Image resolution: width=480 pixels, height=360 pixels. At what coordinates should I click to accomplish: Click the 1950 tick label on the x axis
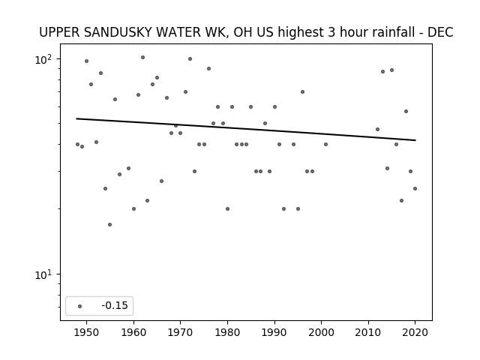coord(87,332)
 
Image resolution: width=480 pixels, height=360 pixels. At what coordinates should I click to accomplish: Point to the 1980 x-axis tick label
coord(227,332)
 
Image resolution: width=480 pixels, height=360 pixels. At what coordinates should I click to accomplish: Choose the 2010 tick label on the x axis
coord(368,332)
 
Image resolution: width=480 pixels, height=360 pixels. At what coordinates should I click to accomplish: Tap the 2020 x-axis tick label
coord(415,332)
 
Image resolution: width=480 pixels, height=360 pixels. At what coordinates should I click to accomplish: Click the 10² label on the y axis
coord(43,59)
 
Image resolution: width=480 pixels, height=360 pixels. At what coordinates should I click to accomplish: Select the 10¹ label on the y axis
coord(43,275)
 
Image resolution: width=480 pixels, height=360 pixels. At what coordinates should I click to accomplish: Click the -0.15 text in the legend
coord(115,305)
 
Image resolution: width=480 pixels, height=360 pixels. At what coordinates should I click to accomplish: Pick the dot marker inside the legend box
coord(80,306)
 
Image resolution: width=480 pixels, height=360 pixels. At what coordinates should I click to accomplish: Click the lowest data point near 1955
coord(110,225)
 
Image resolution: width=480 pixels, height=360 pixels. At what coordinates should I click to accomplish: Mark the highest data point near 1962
coord(142,57)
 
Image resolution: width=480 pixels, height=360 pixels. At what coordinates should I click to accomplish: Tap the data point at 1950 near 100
coord(87,61)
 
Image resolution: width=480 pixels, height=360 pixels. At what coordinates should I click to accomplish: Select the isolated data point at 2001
coord(325,144)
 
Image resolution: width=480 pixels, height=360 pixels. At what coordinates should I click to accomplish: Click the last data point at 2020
coord(415,188)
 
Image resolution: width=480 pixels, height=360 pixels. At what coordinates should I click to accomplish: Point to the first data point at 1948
coord(77,144)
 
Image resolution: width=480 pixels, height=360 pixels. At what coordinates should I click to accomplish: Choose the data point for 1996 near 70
coord(302,91)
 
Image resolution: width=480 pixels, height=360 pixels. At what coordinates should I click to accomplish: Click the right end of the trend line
coord(415,140)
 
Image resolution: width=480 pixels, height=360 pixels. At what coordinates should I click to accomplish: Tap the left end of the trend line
coord(76,118)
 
